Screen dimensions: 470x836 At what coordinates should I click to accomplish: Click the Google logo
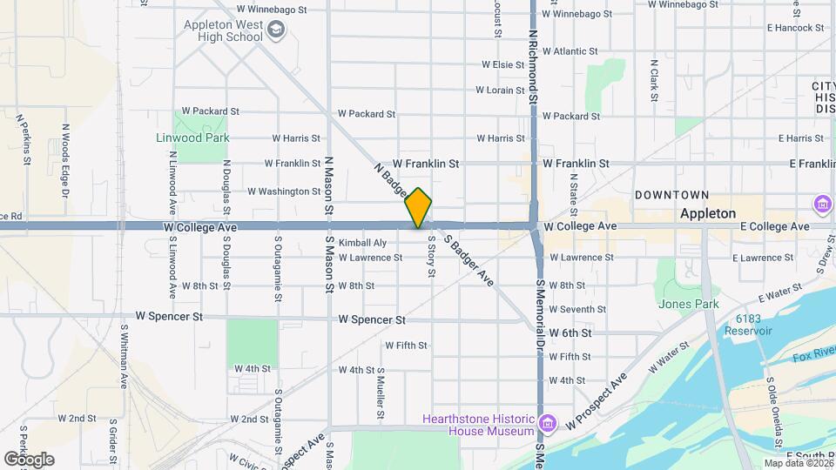[29, 459]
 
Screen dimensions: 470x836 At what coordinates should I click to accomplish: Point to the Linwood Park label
[192, 138]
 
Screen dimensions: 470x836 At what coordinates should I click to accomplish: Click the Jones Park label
[689, 304]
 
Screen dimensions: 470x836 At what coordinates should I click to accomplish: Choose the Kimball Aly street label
[362, 243]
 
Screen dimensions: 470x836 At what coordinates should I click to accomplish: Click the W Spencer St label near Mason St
[372, 319]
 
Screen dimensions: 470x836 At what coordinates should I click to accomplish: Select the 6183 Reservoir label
[753, 325]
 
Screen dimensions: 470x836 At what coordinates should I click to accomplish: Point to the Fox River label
[813, 357]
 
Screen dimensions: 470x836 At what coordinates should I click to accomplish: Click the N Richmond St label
[532, 70]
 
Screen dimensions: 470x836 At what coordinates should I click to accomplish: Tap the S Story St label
[431, 258]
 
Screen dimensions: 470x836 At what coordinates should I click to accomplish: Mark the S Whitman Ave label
[125, 357]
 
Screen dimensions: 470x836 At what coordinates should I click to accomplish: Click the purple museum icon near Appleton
[822, 205]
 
